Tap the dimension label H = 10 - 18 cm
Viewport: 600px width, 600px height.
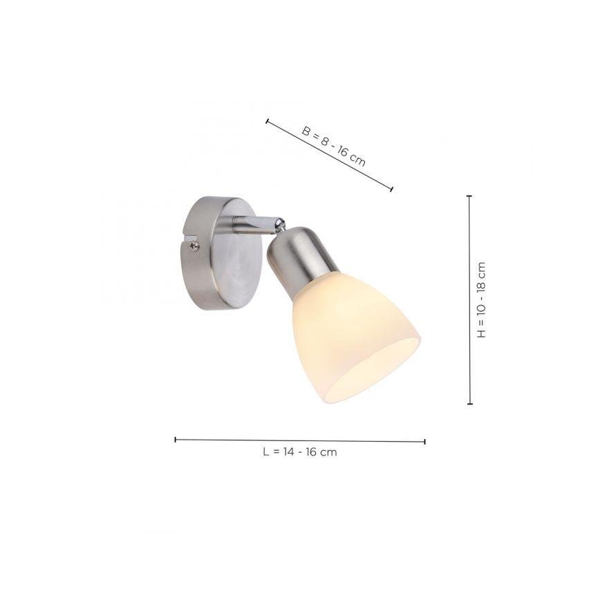coord(482,299)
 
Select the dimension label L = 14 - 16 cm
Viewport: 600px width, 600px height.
coord(299,452)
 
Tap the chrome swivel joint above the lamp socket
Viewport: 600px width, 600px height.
coord(279,223)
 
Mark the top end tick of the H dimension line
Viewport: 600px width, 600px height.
coord(469,196)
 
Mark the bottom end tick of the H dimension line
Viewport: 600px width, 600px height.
coord(469,404)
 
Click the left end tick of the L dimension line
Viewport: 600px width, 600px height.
coord(176,439)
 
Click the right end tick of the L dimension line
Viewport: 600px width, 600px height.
coord(424,440)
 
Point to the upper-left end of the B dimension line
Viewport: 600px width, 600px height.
coord(267,121)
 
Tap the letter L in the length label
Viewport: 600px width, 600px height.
coord(265,452)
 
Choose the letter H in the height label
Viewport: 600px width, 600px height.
coord(482,333)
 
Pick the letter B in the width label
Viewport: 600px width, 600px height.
coord(306,130)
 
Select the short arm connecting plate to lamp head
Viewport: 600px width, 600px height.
coord(253,222)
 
